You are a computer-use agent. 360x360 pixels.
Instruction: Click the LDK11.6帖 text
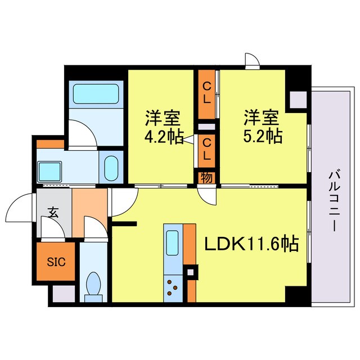pos(251,244)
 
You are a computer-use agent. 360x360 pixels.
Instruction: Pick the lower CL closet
pos(207,147)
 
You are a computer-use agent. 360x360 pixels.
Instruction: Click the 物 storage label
pos(206,177)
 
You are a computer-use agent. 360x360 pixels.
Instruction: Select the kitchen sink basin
pos(172,244)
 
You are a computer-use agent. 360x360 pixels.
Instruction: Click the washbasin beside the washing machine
pos(111,166)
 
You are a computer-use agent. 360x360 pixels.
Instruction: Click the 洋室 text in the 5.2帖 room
pos(261,118)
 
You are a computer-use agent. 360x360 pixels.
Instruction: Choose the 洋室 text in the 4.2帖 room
pos(163,118)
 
